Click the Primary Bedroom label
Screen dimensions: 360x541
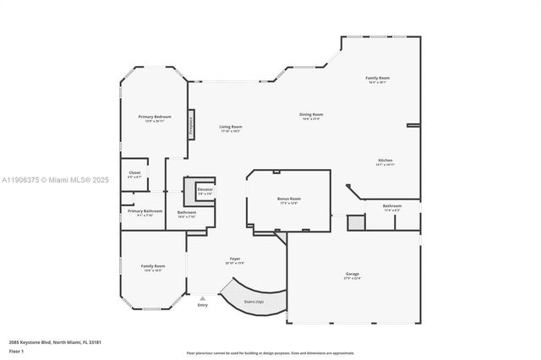[155, 117]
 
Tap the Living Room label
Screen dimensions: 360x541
[231, 127]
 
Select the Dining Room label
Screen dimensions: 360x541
[312, 114]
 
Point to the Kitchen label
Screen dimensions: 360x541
[385, 160]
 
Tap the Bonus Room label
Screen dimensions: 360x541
[289, 199]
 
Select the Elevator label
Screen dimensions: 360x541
[205, 189]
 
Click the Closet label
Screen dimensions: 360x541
[135, 172]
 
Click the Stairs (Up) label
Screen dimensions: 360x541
[254, 301]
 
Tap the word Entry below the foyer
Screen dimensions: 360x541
[202, 305]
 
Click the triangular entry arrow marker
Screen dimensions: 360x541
[202, 297]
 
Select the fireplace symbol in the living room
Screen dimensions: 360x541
[192, 123]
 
